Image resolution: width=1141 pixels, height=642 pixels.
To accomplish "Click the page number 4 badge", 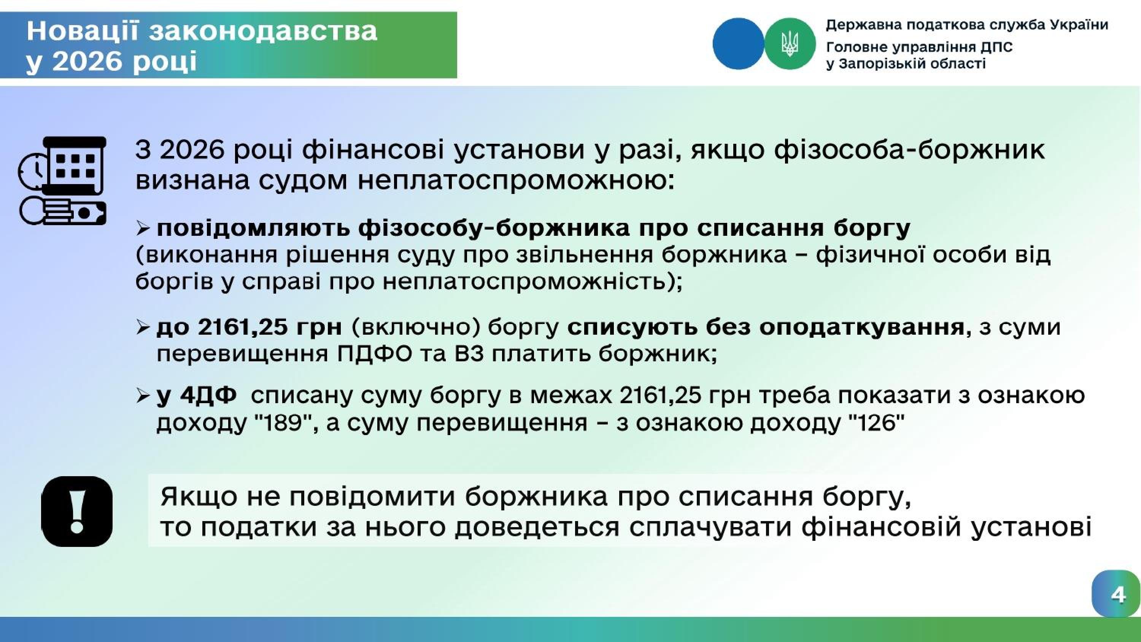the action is click(1116, 594).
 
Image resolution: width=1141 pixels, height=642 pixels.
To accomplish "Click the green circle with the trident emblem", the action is click(790, 43).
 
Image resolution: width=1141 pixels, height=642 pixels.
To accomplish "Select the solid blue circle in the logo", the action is click(738, 43).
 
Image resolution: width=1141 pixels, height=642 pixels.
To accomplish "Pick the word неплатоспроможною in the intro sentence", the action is click(516, 181).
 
